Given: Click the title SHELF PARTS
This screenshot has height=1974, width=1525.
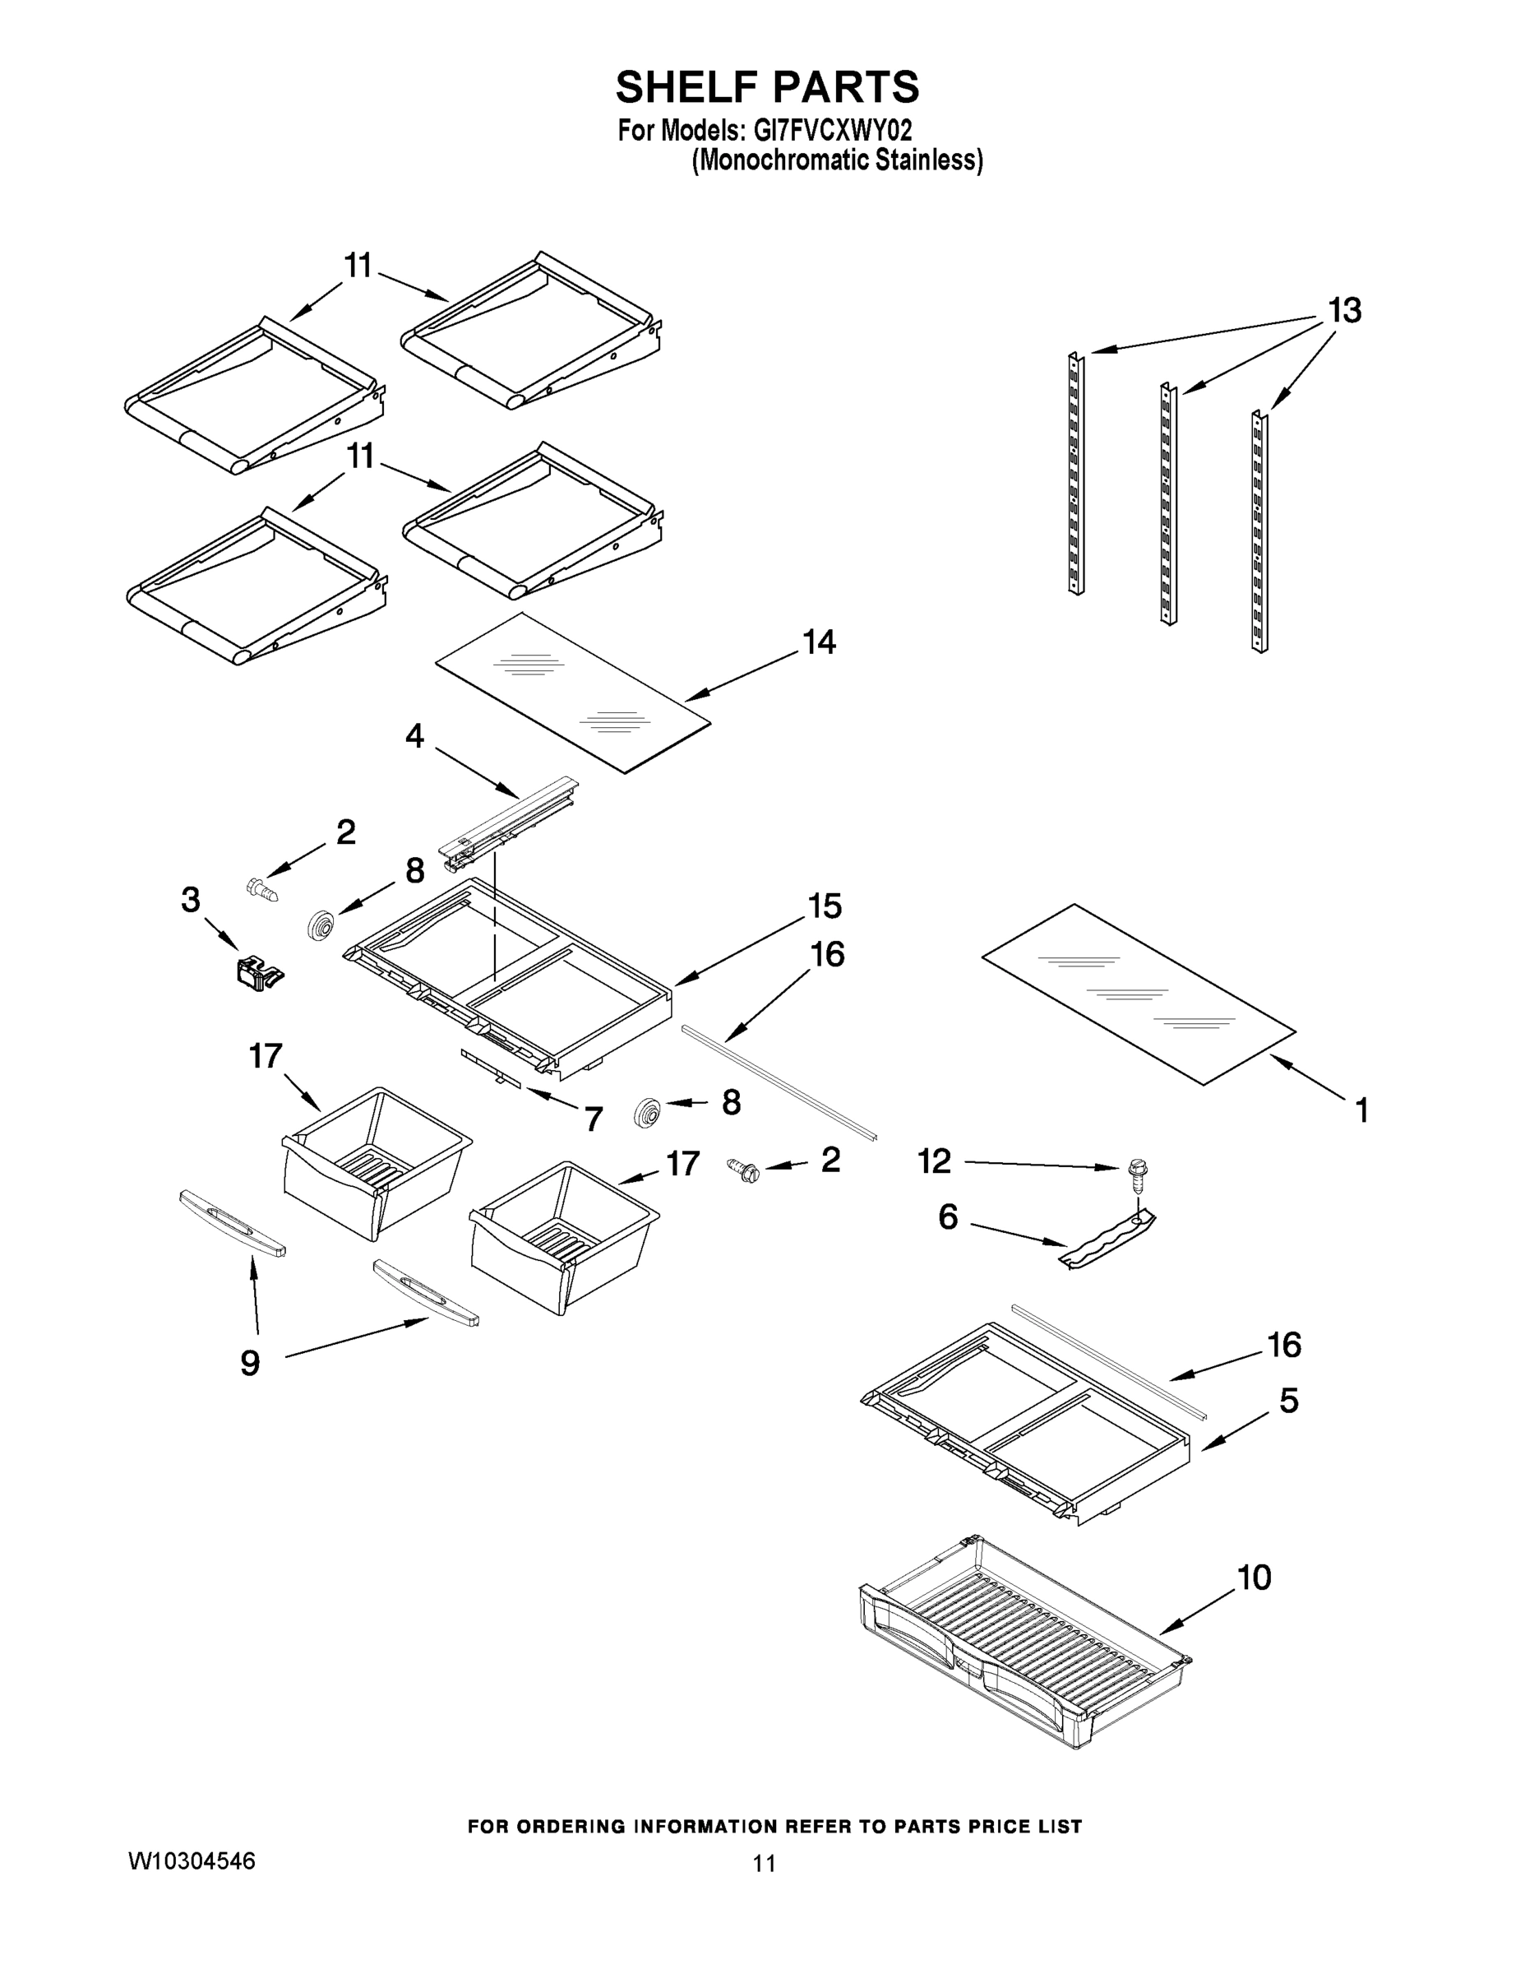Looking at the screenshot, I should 767,86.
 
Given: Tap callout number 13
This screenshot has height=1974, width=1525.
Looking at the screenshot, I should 1344,311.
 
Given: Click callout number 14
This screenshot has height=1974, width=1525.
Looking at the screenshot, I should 820,642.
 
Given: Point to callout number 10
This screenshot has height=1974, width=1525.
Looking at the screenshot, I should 1255,1578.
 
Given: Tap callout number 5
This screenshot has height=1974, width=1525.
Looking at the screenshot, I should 1289,1400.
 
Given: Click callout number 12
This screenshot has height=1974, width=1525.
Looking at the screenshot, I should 934,1161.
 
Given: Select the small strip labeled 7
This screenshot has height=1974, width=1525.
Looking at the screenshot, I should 492,1068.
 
